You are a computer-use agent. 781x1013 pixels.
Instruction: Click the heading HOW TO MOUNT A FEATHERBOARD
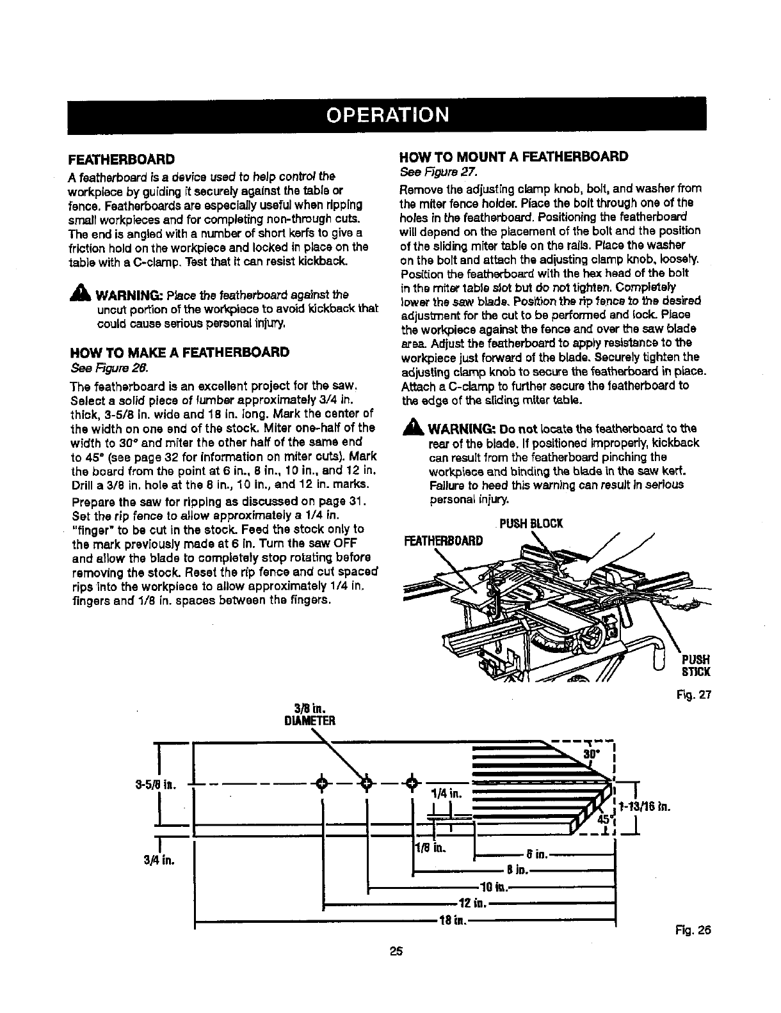pyautogui.click(x=513, y=157)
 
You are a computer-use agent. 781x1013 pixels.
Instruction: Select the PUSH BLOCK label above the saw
pyautogui.click(x=530, y=524)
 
